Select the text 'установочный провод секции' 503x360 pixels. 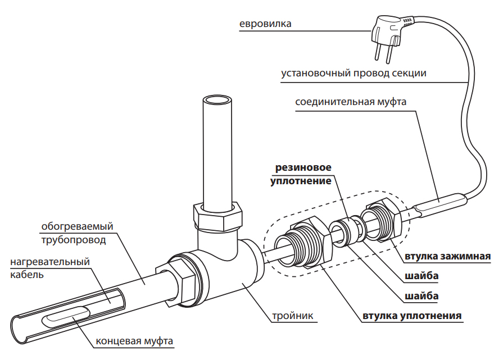[354, 74]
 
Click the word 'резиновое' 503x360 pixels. [303, 168]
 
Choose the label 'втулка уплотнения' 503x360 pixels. [413, 315]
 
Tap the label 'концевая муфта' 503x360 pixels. [134, 341]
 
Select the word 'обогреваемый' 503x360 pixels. [78, 226]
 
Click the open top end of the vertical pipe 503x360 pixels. [217, 102]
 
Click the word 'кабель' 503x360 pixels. [27, 275]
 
